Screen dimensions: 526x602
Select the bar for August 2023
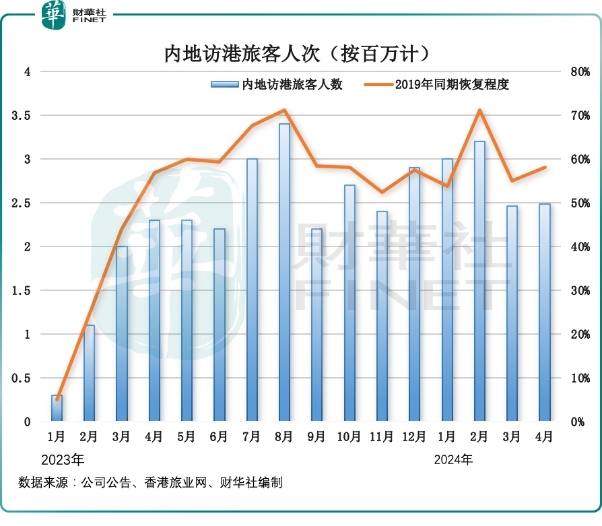(x=284, y=273)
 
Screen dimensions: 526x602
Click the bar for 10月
(x=349, y=303)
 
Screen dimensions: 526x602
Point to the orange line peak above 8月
(x=284, y=110)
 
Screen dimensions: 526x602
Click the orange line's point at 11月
(x=382, y=192)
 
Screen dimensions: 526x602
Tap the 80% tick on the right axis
(x=580, y=72)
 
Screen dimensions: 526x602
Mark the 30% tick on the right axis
(x=580, y=291)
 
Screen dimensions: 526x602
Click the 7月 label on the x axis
(x=252, y=437)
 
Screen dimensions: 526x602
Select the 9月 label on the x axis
(x=316, y=437)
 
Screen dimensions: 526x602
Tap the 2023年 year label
(x=63, y=461)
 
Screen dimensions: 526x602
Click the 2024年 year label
(x=453, y=461)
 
